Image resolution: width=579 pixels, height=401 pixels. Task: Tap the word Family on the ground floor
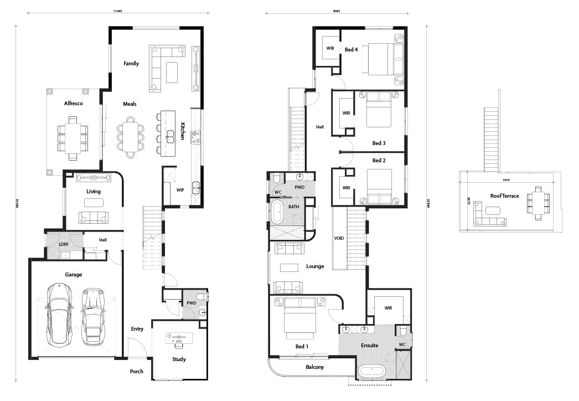pyautogui.click(x=131, y=64)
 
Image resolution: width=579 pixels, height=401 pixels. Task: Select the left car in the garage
pyautogui.click(x=58, y=313)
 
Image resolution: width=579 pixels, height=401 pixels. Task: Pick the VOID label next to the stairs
pyautogui.click(x=339, y=238)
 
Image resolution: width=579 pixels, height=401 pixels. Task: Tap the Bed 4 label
pyautogui.click(x=351, y=49)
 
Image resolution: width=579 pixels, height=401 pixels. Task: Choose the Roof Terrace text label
pyautogui.click(x=504, y=196)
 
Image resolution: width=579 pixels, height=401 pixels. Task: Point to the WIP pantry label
pyautogui.click(x=180, y=190)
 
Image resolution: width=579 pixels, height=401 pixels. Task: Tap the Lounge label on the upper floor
pyautogui.click(x=315, y=266)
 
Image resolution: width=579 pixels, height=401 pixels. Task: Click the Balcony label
pyautogui.click(x=314, y=367)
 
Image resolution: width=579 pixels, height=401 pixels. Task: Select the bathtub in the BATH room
pyautogui.click(x=278, y=212)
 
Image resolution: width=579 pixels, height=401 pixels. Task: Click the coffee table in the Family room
pyautogui.click(x=173, y=72)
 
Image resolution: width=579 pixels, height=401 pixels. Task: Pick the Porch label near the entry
pyautogui.click(x=136, y=371)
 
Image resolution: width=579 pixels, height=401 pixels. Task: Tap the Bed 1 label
pyautogui.click(x=302, y=346)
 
